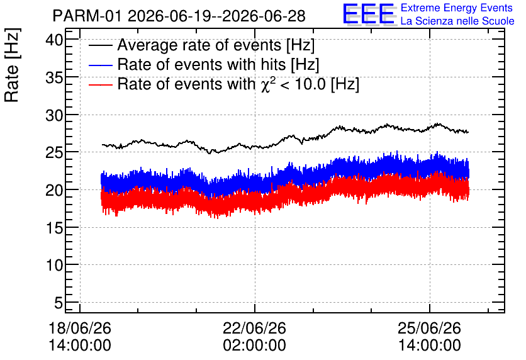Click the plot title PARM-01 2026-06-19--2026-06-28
click(179, 16)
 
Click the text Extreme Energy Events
click(457, 8)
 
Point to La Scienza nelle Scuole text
click(457, 21)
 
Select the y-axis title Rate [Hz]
click(12, 65)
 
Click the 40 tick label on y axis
click(54, 40)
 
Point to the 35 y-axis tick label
click(54, 78)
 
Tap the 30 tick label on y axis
click(54, 115)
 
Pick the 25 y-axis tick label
click(54, 153)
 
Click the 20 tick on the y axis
click(54, 191)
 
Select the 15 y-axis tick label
click(54, 228)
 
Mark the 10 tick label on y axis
click(54, 266)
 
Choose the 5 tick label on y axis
click(59, 303)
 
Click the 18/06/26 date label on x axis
click(80, 328)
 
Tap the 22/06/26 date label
click(255, 328)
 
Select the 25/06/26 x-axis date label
click(429, 328)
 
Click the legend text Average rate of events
click(199, 45)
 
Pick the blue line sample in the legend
click(100, 65)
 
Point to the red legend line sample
click(100, 84)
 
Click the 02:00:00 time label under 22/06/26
click(255, 346)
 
